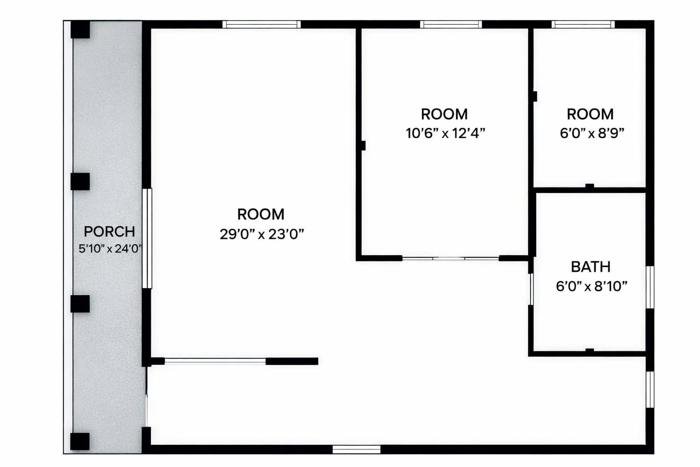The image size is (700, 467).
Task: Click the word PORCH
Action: coord(109,232)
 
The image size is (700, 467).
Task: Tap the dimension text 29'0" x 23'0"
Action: coord(262,234)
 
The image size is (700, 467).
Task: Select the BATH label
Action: coord(591,267)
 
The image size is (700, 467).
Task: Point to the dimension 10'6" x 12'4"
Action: coord(445,133)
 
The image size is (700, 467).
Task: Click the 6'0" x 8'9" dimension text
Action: coord(592,133)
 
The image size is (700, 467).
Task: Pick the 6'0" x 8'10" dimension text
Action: coord(592,286)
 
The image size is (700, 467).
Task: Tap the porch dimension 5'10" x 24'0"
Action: coord(110,249)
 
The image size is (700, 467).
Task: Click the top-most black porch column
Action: coord(80,30)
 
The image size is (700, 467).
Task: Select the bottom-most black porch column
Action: coord(80,441)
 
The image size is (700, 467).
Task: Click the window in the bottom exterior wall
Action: coord(356,450)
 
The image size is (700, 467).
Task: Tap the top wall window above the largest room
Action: coord(262,24)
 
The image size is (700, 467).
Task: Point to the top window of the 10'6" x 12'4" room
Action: coord(451,24)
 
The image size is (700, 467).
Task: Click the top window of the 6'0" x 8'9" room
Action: coord(583,24)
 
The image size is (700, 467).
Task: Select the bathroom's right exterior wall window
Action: coord(650,287)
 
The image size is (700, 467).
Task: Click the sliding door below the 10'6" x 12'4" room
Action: coord(450,259)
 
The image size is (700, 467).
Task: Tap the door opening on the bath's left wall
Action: coord(531,289)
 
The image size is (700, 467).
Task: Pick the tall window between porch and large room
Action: coord(147,239)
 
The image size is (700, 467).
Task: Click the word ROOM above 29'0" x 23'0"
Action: coord(261,214)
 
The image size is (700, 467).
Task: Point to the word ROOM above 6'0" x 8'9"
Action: coord(590,114)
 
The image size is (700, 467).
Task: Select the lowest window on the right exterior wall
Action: coord(650,389)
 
